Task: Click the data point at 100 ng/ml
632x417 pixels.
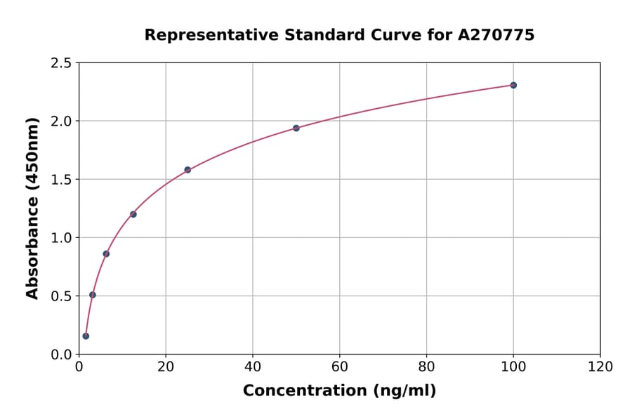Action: (513, 85)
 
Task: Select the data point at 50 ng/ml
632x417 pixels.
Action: (296, 128)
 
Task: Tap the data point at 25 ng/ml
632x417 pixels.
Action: (187, 170)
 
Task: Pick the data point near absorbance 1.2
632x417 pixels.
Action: (133, 214)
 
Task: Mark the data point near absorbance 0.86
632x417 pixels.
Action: (106, 253)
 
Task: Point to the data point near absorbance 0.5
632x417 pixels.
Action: (93, 295)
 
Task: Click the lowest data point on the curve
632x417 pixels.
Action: (86, 336)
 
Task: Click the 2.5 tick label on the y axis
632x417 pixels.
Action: (62, 63)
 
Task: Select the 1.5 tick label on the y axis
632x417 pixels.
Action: (62, 180)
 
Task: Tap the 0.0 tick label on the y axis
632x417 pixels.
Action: (62, 355)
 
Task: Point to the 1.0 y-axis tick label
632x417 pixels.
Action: (62, 238)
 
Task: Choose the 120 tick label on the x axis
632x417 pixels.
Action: (600, 367)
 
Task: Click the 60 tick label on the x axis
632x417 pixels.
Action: (339, 367)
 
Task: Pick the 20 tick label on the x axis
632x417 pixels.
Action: (166, 367)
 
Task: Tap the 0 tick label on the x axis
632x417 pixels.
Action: (79, 367)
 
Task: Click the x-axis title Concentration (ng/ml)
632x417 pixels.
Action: (339, 391)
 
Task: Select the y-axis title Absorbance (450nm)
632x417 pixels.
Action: (32, 208)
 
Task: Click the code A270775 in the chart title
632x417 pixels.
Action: (496, 34)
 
